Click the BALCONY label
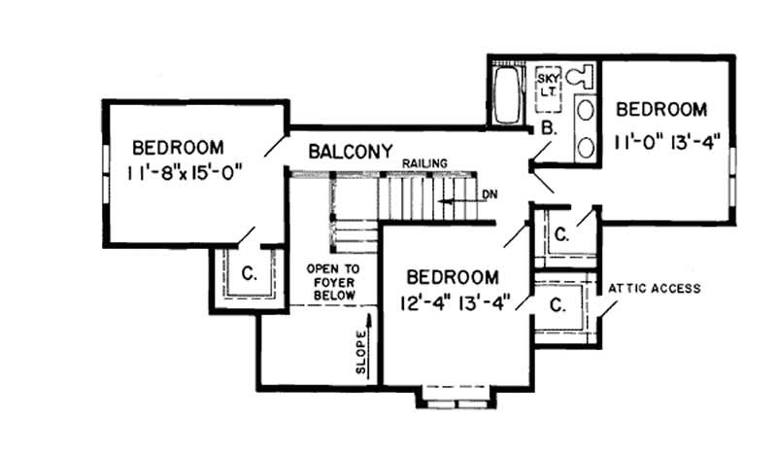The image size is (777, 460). tap(351, 152)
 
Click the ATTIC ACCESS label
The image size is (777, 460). tap(655, 289)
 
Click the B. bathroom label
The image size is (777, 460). tap(548, 128)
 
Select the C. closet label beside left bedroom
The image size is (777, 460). tap(249, 274)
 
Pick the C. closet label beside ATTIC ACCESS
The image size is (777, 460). tap(557, 304)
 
